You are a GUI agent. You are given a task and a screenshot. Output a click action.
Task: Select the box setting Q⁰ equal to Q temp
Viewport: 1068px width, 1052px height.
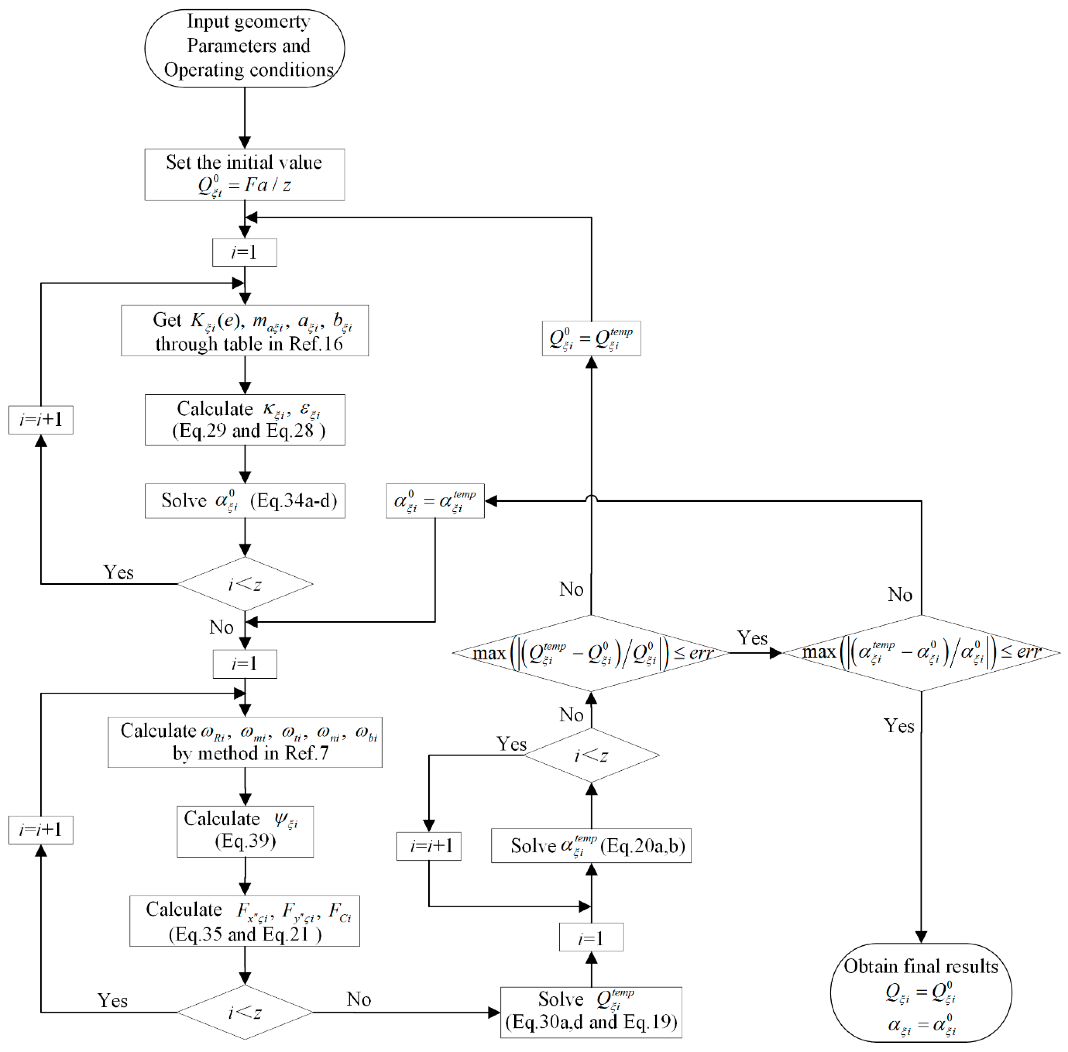[591, 338]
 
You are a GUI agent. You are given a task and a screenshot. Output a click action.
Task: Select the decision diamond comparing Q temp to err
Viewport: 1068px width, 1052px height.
[590, 652]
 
